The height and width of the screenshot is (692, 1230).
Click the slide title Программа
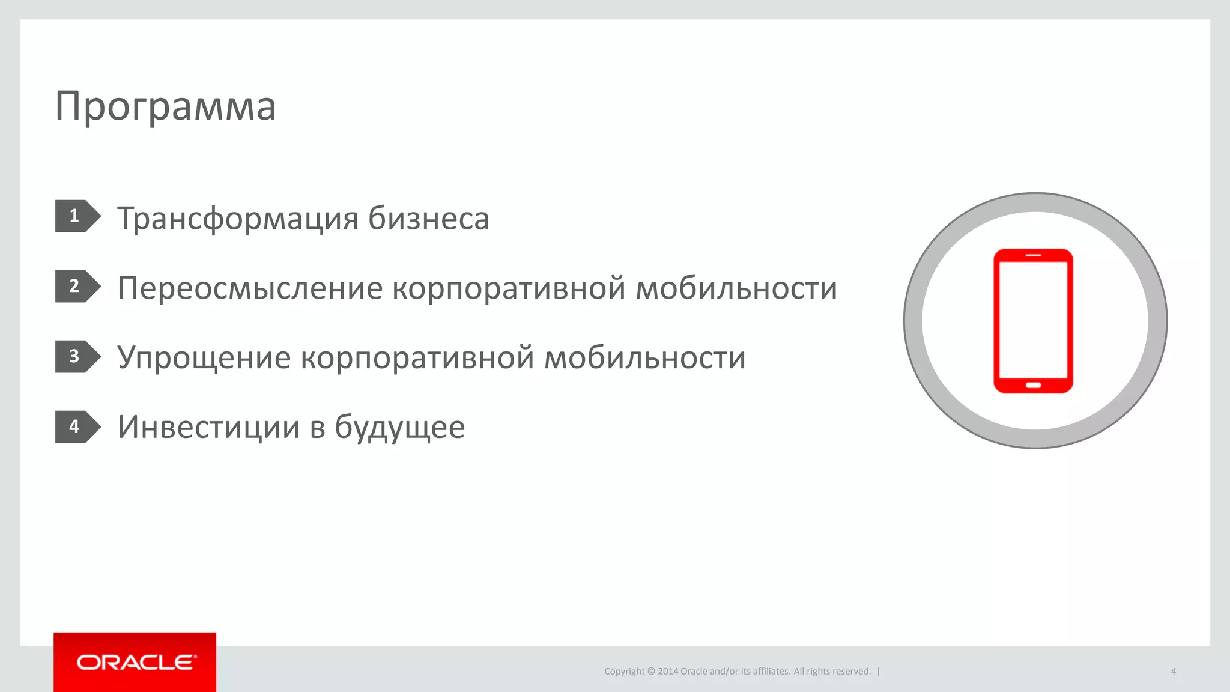(165, 106)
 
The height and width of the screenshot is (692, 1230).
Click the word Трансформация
(237, 219)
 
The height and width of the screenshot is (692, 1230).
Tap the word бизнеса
(428, 219)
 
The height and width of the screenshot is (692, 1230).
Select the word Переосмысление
(250, 288)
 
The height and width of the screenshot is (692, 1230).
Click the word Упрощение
(204, 359)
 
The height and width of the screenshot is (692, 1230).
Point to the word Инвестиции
(208, 427)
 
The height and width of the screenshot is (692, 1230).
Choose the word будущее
(399, 428)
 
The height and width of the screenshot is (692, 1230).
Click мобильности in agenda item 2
(736, 288)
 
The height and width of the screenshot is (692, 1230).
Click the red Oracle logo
(135, 662)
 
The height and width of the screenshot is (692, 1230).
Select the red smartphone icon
(1033, 321)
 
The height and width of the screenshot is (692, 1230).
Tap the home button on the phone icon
(1033, 385)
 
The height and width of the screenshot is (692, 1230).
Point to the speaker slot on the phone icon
(1033, 255)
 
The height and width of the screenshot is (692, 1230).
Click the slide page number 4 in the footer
(1173, 672)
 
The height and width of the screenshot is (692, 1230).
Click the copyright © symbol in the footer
(650, 672)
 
